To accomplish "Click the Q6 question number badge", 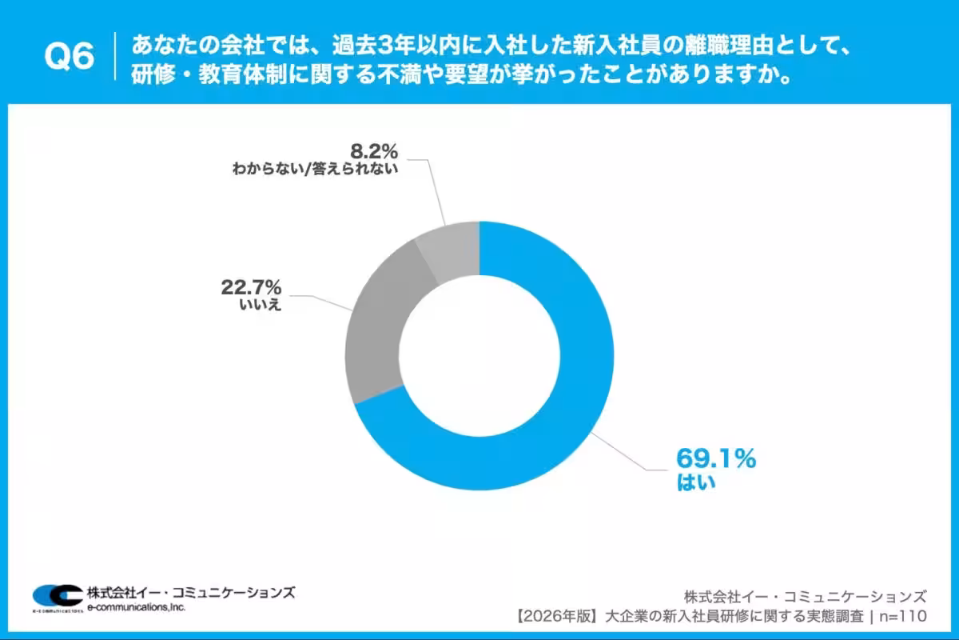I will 68,56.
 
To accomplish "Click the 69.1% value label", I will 715,459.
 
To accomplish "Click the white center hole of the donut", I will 479,356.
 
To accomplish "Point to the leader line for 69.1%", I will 631,454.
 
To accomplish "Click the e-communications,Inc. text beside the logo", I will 137,608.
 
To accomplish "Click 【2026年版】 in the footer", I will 559,616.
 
